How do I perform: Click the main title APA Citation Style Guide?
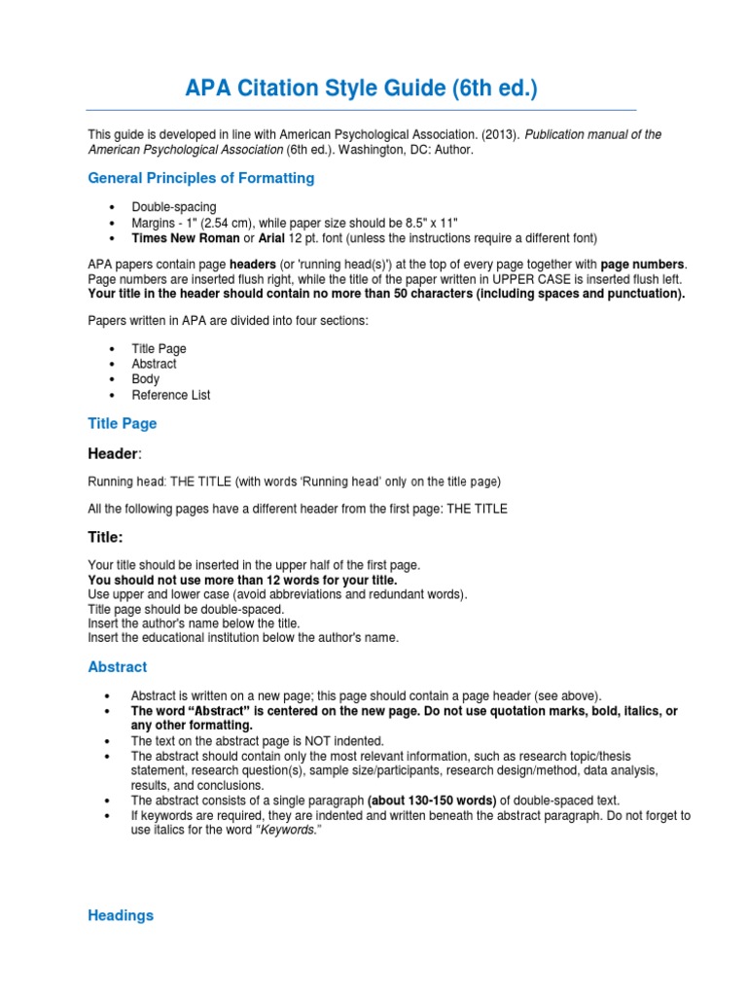point(361,89)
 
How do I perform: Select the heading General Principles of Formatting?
point(201,178)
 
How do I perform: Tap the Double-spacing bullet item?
point(174,207)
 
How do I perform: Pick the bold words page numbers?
point(643,264)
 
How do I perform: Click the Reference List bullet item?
point(170,395)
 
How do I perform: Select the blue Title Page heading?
point(122,424)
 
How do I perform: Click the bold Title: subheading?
point(105,537)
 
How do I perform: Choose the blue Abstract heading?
point(118,667)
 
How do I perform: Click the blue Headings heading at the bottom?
point(121,915)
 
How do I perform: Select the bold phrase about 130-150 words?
point(431,800)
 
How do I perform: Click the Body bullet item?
point(145,379)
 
